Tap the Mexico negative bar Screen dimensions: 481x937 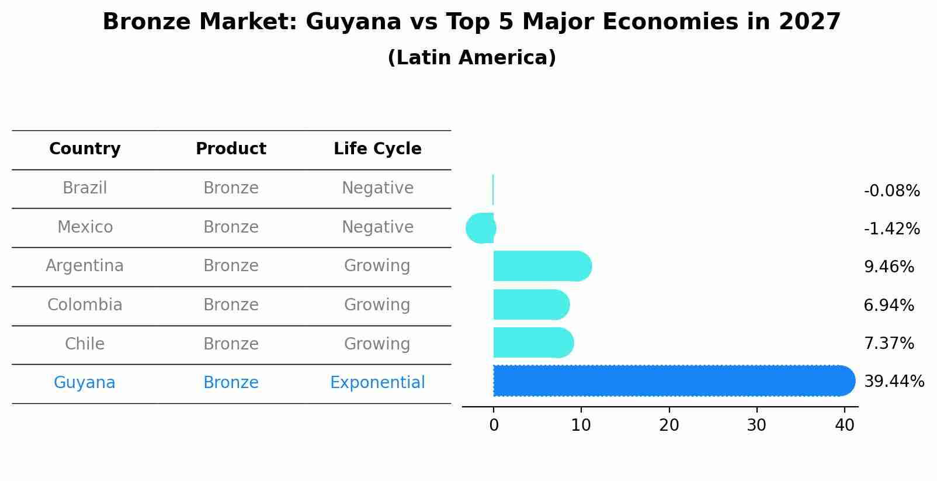pos(481,229)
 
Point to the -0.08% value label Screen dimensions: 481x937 pos(891,191)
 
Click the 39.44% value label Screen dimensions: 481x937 pos(894,382)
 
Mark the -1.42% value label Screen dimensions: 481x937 pos(891,229)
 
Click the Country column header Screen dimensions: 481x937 pos(85,149)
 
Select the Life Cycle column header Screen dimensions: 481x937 pos(377,149)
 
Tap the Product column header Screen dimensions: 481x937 pos(231,149)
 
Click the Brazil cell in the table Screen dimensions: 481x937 pos(85,188)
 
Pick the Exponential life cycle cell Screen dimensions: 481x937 pos(377,383)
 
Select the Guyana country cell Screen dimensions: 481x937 pos(85,383)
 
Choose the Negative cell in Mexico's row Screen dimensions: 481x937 pos(377,227)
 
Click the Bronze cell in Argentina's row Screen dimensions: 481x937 pos(231,266)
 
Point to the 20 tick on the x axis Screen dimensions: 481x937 pos(669,425)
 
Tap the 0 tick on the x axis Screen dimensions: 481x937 pos(494,425)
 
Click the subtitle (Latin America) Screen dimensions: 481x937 pos(471,58)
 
